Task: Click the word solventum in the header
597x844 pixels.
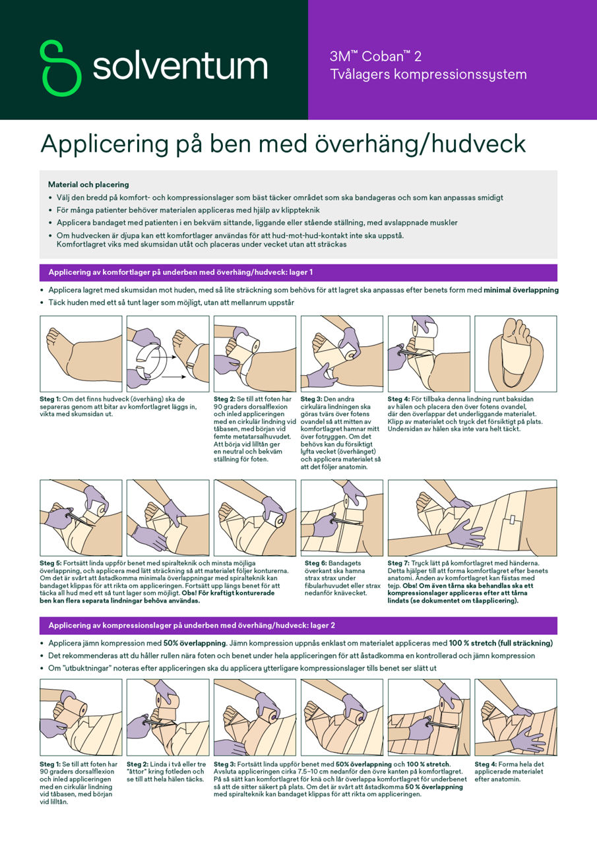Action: [x=179, y=67]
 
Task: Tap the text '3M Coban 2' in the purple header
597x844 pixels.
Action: [x=375, y=57]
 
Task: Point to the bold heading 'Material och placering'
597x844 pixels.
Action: [x=88, y=185]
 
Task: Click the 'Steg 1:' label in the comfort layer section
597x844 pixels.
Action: [x=50, y=399]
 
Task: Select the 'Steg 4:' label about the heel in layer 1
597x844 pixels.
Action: [x=398, y=399]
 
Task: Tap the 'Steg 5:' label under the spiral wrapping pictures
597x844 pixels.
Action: [x=50, y=563]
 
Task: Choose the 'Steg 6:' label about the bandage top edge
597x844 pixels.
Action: [x=315, y=563]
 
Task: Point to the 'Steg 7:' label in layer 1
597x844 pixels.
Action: [x=398, y=563]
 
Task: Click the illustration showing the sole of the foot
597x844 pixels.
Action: [x=515, y=354]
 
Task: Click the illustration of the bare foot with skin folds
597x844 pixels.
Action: [x=80, y=354]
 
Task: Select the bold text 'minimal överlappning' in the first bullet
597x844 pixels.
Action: [x=521, y=290]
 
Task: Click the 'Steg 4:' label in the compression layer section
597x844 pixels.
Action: [x=486, y=764]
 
